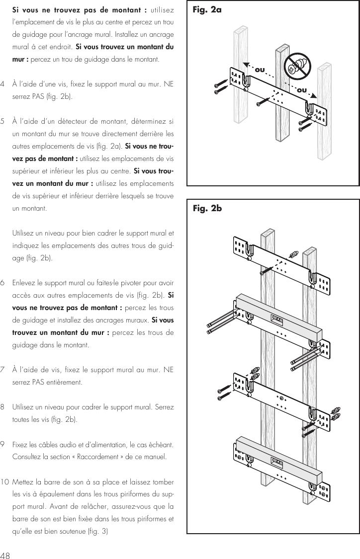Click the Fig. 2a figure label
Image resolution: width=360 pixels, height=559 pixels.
tap(208, 10)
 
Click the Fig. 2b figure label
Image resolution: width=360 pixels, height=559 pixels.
tap(208, 209)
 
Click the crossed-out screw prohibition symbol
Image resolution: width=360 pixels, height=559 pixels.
tap(297, 65)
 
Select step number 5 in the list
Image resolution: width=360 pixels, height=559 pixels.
tap(4, 120)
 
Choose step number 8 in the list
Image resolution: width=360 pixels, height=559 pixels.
tap(4, 407)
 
